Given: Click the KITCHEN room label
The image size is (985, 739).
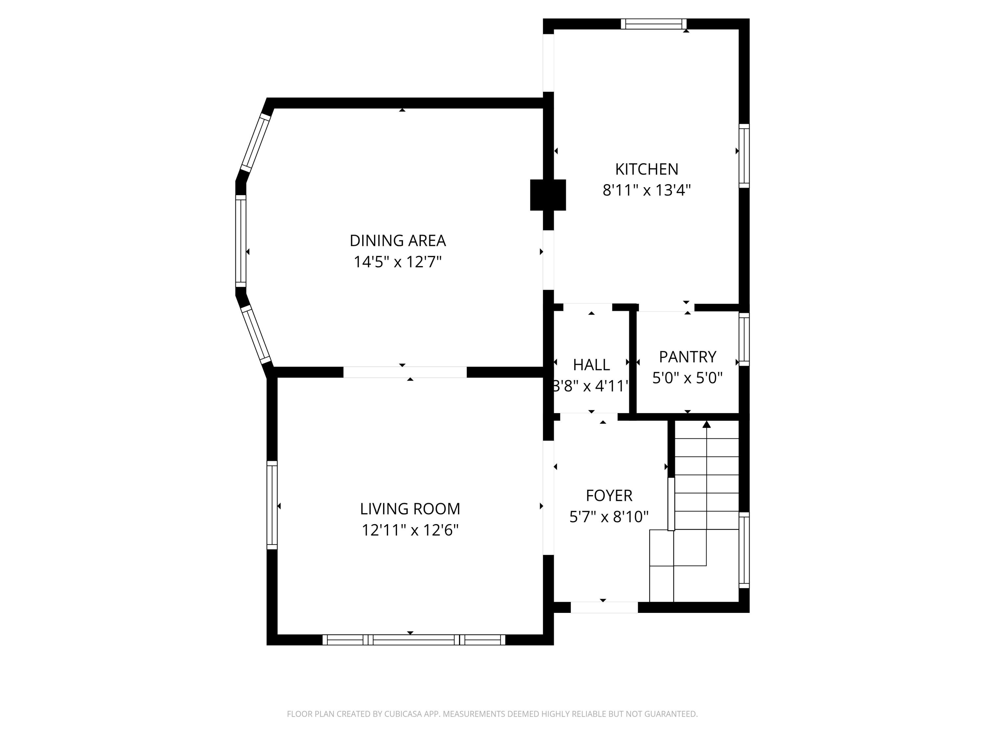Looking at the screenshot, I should pos(646,169).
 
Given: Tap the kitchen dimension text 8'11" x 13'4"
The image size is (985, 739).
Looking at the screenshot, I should pos(646,190).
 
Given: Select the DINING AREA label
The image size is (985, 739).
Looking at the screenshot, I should pos(397,240).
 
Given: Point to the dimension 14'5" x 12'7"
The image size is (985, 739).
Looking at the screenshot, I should pos(397,262).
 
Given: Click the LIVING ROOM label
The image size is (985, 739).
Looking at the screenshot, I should pos(410,509).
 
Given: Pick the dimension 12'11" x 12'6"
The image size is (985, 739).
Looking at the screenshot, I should pos(410,530).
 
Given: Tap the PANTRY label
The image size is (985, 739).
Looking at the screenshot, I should pos(687,357).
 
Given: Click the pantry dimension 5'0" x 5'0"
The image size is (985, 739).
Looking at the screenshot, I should pos(687,378).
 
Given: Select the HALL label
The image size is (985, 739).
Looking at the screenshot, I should pos(591,365).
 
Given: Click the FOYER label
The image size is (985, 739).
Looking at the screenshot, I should pos(609,495).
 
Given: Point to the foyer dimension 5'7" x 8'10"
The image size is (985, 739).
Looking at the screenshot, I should pos(609,517).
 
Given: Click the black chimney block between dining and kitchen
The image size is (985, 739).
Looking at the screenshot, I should pos(548,195).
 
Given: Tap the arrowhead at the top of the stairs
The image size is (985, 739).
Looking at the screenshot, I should pos(706,424).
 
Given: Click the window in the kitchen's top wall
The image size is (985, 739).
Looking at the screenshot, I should pos(653,24).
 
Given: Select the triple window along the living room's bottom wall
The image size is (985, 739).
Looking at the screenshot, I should pos(414,640).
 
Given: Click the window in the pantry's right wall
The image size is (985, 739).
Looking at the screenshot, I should pos(744,339).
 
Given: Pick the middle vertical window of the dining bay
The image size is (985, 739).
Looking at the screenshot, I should pos(240,240).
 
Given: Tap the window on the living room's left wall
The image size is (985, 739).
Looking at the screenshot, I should pos(272,505).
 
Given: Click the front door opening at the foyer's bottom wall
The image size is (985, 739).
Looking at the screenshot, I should pos(604,607).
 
